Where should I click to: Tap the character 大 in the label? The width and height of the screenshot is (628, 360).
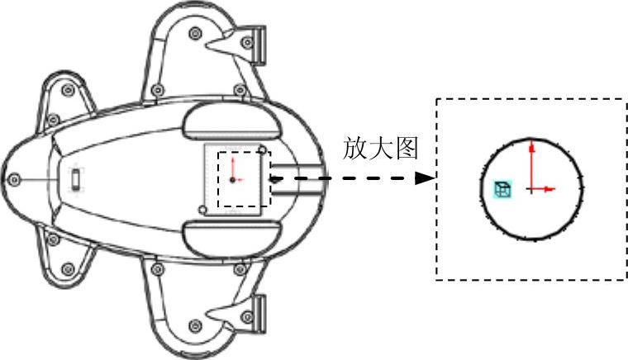pyautogui.click(x=382, y=149)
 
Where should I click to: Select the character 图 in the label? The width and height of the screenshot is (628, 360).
pyautogui.click(x=406, y=149)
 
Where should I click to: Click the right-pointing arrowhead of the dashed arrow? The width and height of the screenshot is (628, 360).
pyautogui.click(x=427, y=178)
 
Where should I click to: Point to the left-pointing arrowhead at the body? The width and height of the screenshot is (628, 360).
pyautogui.click(x=274, y=178)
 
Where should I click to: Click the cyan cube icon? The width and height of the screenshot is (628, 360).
pyautogui.click(x=502, y=189)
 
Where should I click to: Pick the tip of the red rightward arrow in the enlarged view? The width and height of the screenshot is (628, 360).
pyautogui.click(x=553, y=189)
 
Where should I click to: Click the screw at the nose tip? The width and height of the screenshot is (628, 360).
pyautogui.click(x=13, y=179)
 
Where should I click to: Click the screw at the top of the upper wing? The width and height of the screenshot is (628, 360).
pyautogui.click(x=194, y=33)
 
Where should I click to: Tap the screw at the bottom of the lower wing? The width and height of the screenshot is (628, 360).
pyautogui.click(x=194, y=322)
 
